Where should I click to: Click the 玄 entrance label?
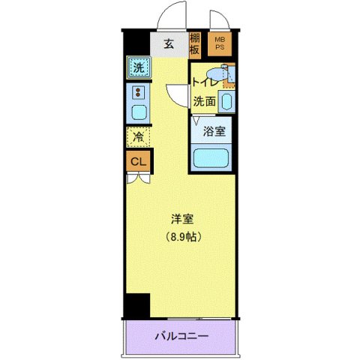[x=169, y=44]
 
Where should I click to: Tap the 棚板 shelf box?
[x=195, y=44]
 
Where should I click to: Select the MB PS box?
[x=220, y=44]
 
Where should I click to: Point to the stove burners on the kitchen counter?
[x=138, y=93]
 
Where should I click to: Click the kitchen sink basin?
[x=138, y=113]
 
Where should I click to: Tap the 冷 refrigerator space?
[x=138, y=137]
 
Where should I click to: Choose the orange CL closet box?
[x=138, y=161]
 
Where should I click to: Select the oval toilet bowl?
[x=215, y=74]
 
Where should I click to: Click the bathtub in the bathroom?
[x=212, y=158]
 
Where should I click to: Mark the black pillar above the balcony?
[x=137, y=306]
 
